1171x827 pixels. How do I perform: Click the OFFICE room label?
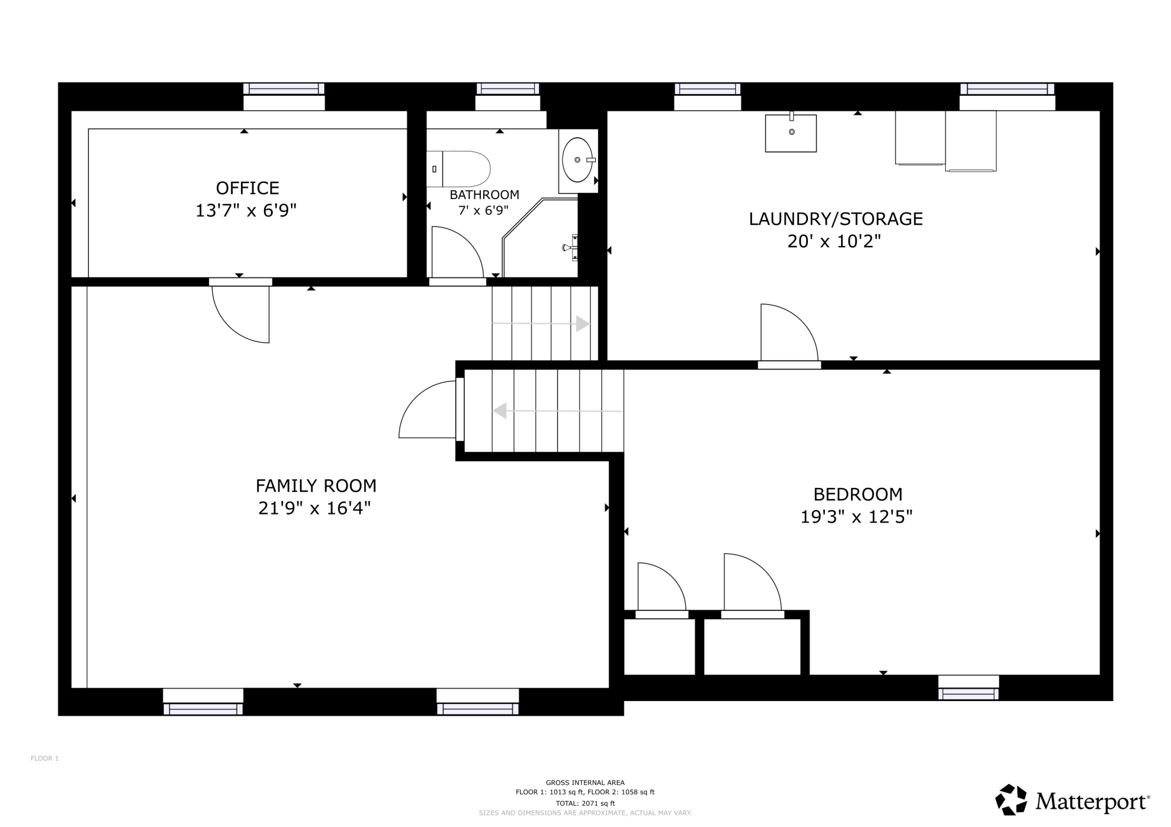coord(248,188)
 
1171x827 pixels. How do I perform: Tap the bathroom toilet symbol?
coord(458,169)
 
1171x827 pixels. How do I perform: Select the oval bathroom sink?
coord(578,160)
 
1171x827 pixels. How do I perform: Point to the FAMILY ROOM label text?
coord(316,486)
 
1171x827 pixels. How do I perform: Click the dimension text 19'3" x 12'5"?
coord(856,516)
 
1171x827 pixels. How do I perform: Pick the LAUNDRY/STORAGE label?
coord(835,219)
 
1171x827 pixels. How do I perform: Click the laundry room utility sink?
coord(790,132)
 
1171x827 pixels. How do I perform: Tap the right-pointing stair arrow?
coord(541,324)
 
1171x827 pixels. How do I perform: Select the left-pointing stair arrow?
coord(557,411)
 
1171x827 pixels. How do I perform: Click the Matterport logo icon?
coord(1012,799)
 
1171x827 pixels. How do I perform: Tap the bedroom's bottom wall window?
coord(968,687)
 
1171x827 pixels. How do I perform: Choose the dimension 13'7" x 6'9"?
coord(246,210)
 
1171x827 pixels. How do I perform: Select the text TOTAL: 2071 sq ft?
coord(585,803)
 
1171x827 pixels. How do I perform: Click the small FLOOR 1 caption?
coord(44,758)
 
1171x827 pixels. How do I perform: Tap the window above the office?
coord(284,96)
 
